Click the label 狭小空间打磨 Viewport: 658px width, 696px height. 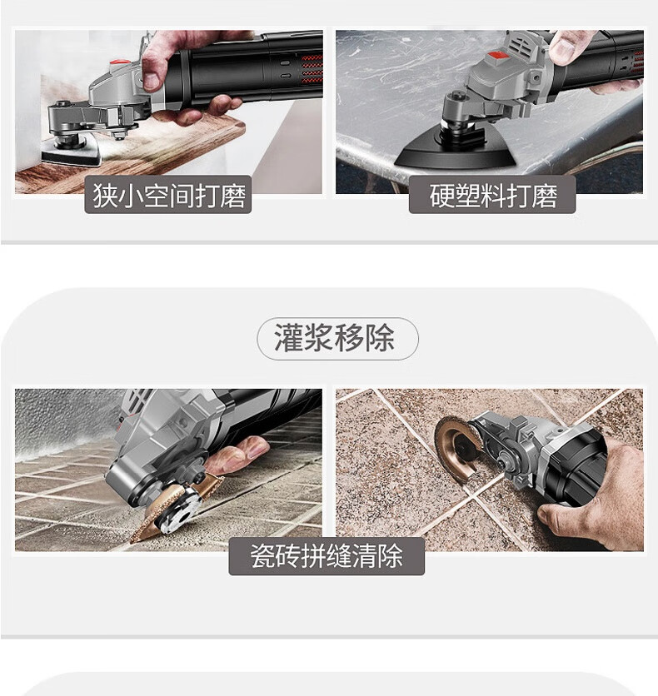click(168, 196)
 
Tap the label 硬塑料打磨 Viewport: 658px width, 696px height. click(493, 196)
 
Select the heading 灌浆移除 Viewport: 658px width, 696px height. click(334, 338)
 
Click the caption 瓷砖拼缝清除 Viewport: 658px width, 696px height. click(327, 556)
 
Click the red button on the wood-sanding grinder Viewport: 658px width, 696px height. click(117, 63)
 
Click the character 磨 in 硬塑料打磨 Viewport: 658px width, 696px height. click(545, 196)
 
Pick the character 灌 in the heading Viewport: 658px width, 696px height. click(289, 338)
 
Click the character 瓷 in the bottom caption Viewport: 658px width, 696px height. click(263, 556)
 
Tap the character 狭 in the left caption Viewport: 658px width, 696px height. click(105, 196)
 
